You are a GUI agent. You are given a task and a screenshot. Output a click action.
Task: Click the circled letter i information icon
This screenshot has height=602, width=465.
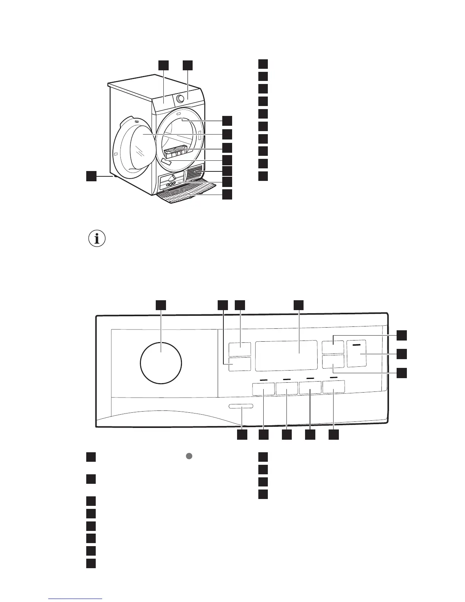coord(97,239)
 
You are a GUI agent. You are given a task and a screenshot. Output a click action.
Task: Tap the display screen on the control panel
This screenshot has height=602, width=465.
coord(286,355)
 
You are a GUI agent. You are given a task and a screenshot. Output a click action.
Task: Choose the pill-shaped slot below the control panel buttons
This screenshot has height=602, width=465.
coord(241,407)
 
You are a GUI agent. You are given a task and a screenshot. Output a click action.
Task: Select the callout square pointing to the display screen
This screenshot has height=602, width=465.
coord(299,305)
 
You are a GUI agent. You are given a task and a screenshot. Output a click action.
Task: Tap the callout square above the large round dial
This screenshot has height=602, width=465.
coord(161,305)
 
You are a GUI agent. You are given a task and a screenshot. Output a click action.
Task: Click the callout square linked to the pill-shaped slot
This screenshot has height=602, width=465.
coord(242,435)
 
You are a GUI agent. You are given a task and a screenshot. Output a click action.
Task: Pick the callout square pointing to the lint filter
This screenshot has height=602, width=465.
coord(227,147)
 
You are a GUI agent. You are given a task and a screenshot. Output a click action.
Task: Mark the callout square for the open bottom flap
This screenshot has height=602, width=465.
coord(227,195)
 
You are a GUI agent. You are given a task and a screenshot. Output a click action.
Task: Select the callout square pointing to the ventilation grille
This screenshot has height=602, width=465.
coord(227,171)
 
